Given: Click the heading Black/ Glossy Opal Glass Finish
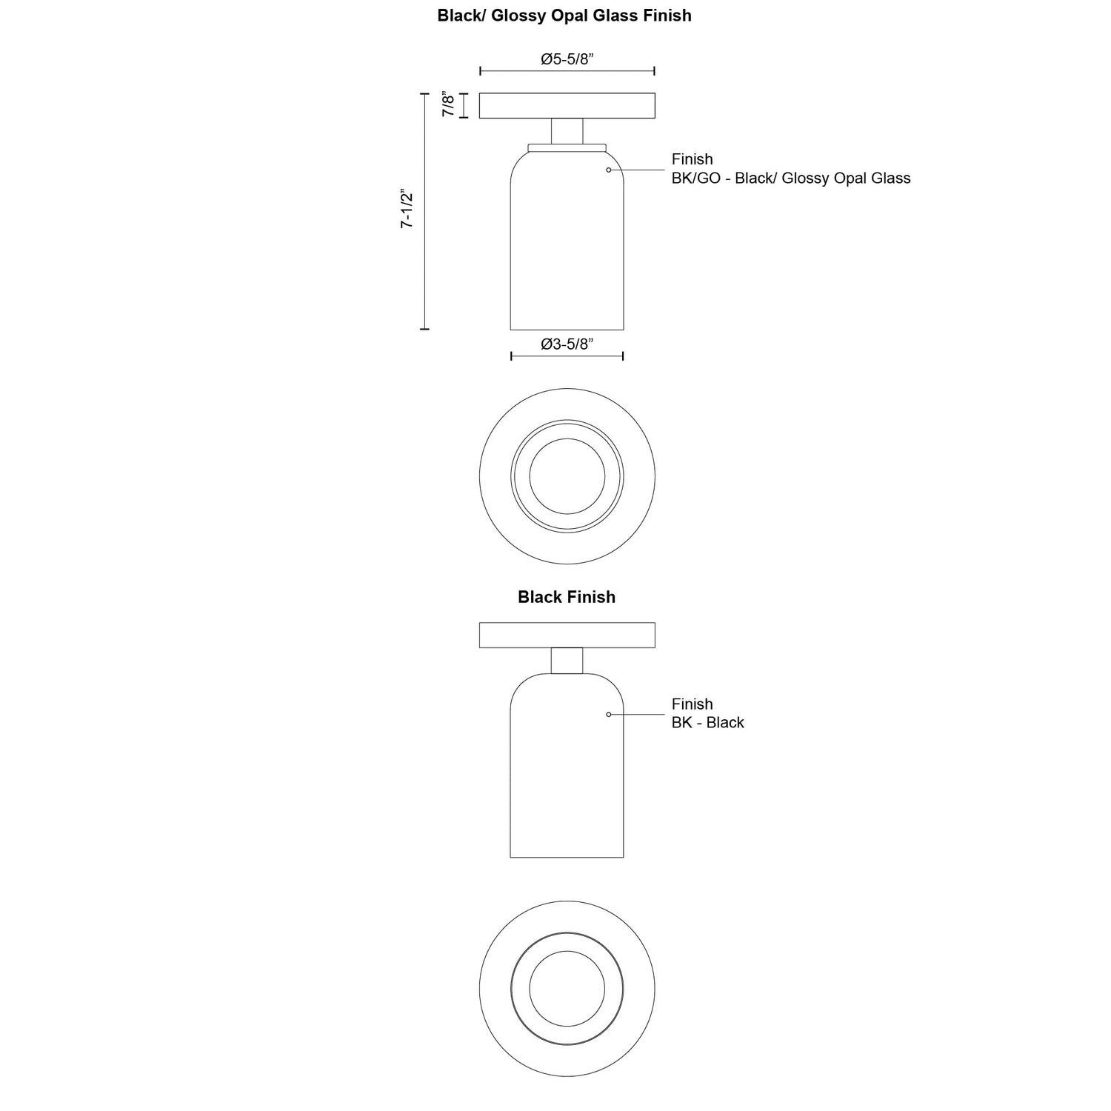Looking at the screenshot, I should (x=564, y=16).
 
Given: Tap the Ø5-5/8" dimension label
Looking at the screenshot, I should (x=567, y=59).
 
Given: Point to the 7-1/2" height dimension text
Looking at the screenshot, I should (x=407, y=210).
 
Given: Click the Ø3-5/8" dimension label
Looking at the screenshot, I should (x=567, y=344).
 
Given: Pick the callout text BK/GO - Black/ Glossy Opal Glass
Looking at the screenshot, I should (x=790, y=179).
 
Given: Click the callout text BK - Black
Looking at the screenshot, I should (x=707, y=723).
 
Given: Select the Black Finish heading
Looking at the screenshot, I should (x=567, y=597).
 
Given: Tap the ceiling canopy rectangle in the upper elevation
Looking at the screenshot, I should (x=567, y=105).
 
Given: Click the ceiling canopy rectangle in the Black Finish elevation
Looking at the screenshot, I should (x=567, y=635).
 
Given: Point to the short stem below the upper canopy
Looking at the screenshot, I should (x=567, y=130).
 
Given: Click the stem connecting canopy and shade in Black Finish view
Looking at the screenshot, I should (x=567, y=661).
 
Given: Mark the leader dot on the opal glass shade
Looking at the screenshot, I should (x=608, y=170).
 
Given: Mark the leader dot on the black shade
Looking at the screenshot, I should (x=608, y=714).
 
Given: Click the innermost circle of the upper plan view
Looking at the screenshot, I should (x=567, y=476).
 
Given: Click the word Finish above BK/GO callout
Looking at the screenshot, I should (x=692, y=159).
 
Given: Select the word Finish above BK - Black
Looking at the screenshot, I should (x=692, y=704).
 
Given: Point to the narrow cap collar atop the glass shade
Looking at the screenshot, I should (x=567, y=147).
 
